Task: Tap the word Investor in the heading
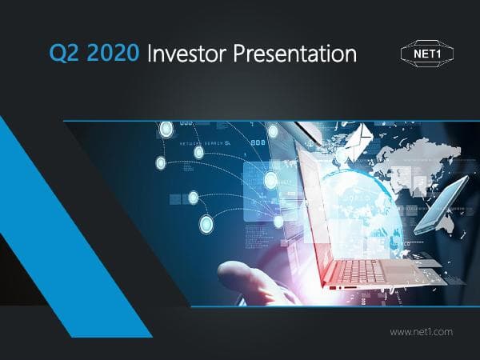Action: (190, 54)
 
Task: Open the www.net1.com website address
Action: (422, 330)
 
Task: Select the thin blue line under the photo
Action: (272, 306)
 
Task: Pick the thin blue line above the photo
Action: (272, 120)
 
